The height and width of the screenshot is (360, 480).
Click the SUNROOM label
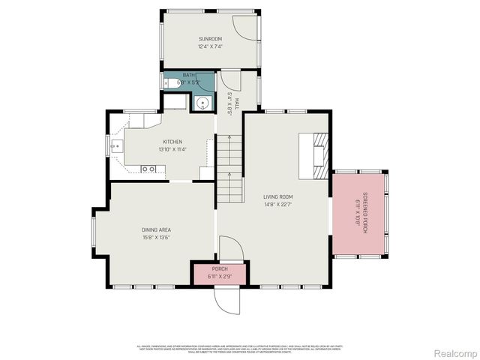point(211,38)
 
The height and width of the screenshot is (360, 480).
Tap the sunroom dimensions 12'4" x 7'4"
point(211,46)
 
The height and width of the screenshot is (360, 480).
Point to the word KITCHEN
point(172,141)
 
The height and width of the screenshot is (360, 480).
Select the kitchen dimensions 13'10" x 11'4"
point(172,148)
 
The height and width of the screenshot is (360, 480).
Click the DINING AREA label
point(156,230)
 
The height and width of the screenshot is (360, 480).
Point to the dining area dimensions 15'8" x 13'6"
point(156,238)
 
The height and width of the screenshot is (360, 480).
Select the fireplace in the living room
point(319,155)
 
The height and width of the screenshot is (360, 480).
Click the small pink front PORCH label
point(220,268)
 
